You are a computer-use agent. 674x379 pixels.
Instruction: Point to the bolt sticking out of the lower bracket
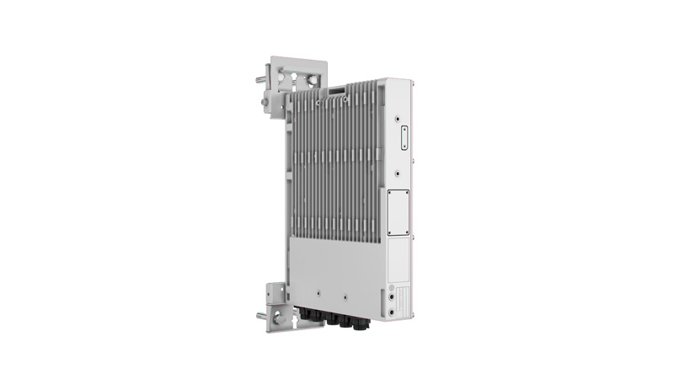(262, 316)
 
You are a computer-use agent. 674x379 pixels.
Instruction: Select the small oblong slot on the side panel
(403, 136)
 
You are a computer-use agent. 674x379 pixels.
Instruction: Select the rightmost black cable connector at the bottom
(361, 321)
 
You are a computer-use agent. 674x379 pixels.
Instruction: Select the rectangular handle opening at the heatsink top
(338, 88)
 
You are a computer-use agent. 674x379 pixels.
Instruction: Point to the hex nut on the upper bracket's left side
(266, 104)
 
